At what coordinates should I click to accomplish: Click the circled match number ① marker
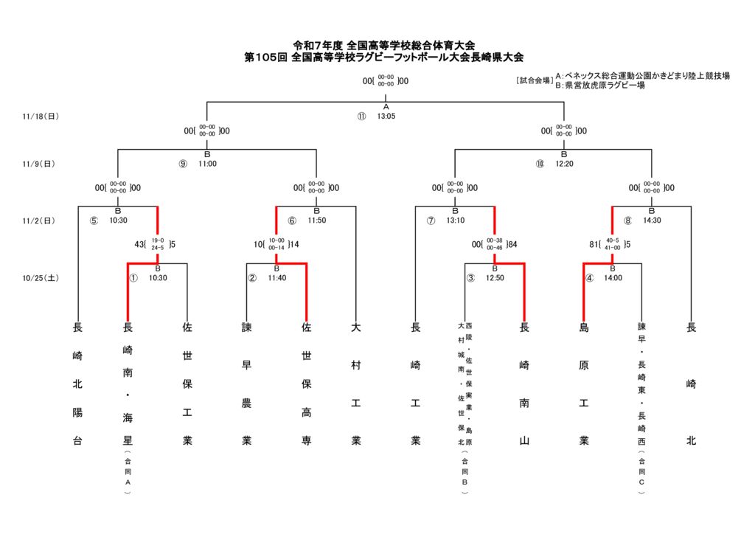click(133, 278)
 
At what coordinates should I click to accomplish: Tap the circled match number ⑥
click(292, 221)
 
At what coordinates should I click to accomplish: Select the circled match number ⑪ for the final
click(361, 117)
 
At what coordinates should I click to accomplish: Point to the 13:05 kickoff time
click(386, 117)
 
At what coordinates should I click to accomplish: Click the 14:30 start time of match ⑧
click(652, 221)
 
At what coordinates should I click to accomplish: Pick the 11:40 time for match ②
click(277, 278)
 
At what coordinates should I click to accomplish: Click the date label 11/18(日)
click(41, 117)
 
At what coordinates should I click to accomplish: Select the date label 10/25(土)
click(41, 278)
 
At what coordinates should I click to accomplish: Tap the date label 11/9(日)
click(39, 164)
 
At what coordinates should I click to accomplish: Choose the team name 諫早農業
click(247, 384)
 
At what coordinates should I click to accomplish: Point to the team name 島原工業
click(584, 384)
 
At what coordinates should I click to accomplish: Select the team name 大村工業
click(356, 384)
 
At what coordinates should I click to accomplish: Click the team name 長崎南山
click(524, 384)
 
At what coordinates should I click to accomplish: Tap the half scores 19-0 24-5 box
click(158, 244)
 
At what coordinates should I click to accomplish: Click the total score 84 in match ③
click(512, 244)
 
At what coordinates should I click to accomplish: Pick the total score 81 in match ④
click(594, 244)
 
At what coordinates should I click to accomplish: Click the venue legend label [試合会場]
click(535, 80)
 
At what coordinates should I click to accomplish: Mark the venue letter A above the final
click(386, 107)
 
